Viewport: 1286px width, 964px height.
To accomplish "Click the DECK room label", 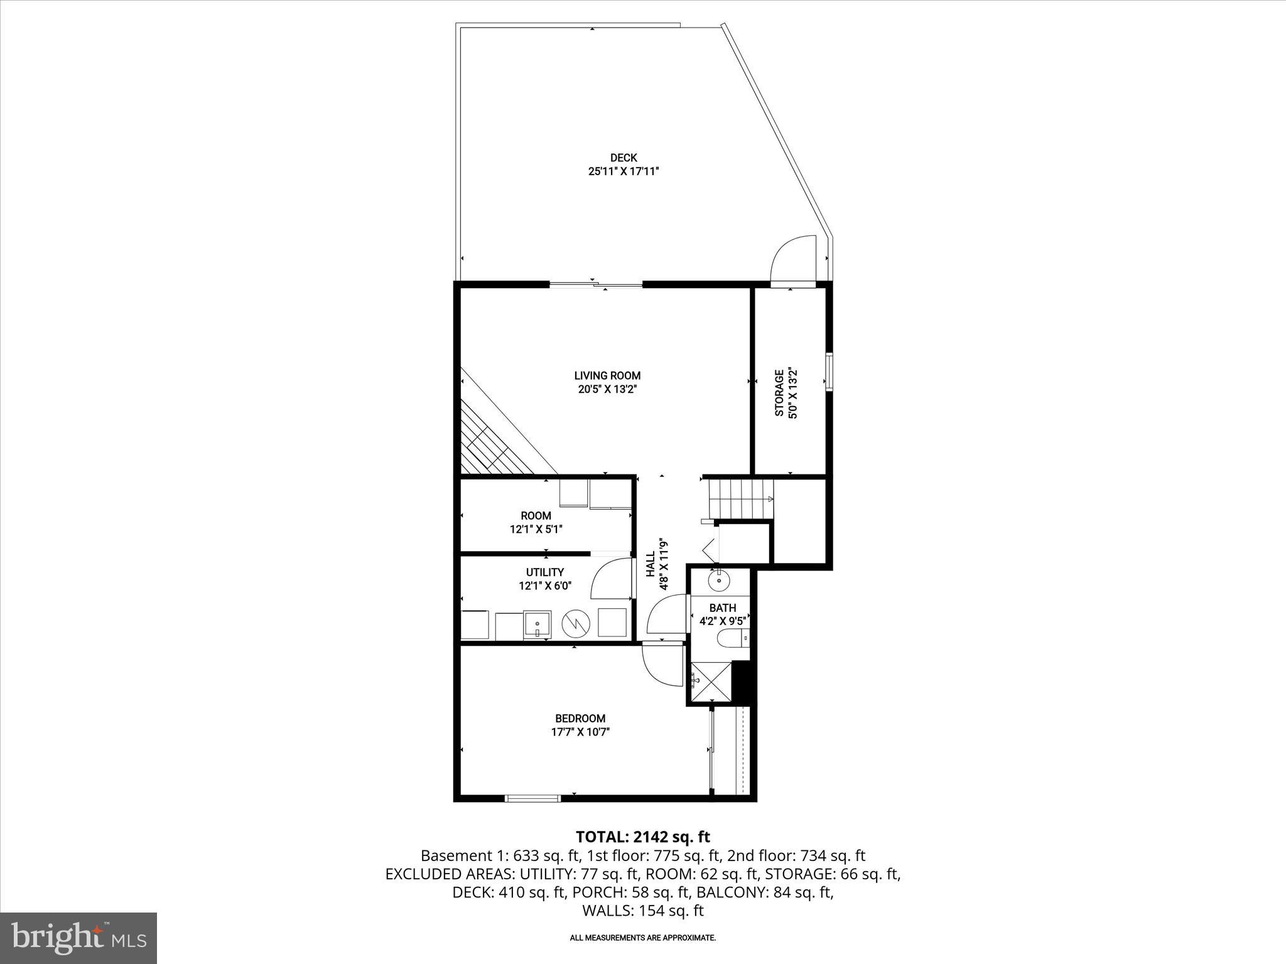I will pyautogui.click(x=624, y=158).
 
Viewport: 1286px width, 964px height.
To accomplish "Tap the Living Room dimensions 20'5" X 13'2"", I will pyautogui.click(x=607, y=389).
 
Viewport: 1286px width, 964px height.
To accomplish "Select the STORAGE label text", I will pyautogui.click(x=779, y=393).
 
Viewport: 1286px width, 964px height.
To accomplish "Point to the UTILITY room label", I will pyautogui.click(x=544, y=572).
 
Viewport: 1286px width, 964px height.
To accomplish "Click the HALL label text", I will pyautogui.click(x=651, y=564).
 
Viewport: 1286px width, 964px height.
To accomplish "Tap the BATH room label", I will pyautogui.click(x=722, y=608).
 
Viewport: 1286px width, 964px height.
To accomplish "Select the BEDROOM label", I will pyautogui.click(x=580, y=719).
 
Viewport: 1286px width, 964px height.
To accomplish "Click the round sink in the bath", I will pyautogui.click(x=718, y=581).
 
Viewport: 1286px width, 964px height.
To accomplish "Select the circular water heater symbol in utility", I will pyautogui.click(x=576, y=623).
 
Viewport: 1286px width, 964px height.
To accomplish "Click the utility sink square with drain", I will pyautogui.click(x=538, y=624).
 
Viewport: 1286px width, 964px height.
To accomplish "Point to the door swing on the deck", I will pyautogui.click(x=792, y=260).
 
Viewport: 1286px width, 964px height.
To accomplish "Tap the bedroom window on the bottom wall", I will pyautogui.click(x=532, y=798).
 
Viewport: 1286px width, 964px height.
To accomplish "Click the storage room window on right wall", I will pyautogui.click(x=829, y=373).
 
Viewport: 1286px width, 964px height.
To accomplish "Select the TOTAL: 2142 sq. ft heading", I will pyautogui.click(x=642, y=837).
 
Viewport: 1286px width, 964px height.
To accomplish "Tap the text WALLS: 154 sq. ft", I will pyautogui.click(x=642, y=911).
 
